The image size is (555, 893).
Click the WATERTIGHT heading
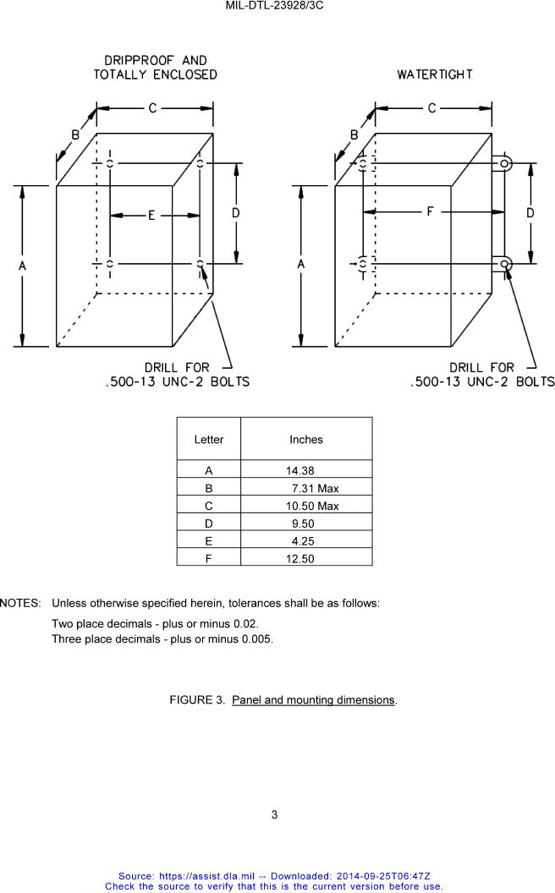(x=435, y=74)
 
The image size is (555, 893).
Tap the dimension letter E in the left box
(x=151, y=216)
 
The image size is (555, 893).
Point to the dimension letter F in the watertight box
(x=430, y=211)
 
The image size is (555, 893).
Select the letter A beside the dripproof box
(x=23, y=266)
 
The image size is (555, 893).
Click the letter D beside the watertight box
(x=530, y=213)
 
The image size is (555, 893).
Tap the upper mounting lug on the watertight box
(x=504, y=163)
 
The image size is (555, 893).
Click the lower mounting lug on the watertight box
(x=504, y=265)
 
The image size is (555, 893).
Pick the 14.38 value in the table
(x=300, y=471)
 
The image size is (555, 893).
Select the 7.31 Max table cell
(x=314, y=489)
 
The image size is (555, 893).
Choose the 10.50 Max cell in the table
(x=311, y=507)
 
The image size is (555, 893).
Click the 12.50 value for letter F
(x=300, y=559)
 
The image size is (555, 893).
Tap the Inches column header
(x=306, y=440)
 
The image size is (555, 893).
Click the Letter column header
(x=209, y=440)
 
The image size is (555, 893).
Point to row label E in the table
(x=209, y=541)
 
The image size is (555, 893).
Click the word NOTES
(x=20, y=604)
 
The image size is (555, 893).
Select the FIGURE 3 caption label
(x=197, y=700)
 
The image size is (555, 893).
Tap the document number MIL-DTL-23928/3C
(x=275, y=6)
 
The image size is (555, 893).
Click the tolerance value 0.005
(x=256, y=639)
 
